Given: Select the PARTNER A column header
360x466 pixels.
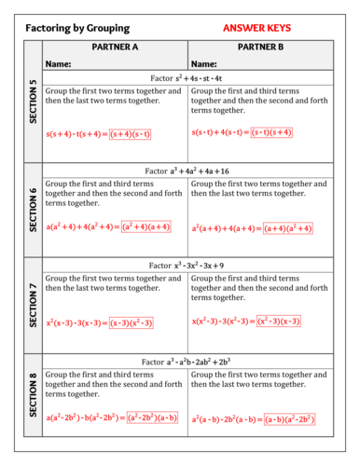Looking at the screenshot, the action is [x=115, y=48].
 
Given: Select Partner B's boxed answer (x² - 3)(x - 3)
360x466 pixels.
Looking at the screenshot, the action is [x=279, y=321].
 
